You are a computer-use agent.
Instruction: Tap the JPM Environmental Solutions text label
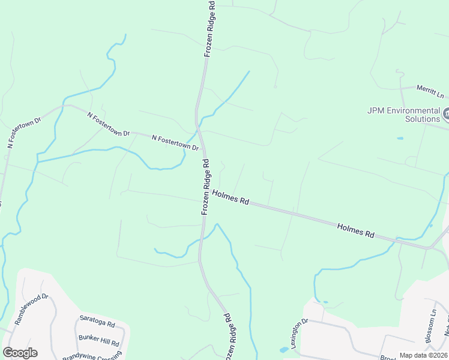[x=404, y=115]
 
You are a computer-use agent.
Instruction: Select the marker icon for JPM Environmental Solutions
[x=446, y=113]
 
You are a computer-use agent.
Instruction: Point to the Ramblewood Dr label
[x=31, y=308]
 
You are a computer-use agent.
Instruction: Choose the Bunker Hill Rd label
[x=98, y=341]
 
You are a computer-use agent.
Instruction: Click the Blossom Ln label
[x=430, y=327]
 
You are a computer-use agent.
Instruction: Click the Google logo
[x=20, y=353]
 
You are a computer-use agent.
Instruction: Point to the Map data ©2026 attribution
[x=424, y=355]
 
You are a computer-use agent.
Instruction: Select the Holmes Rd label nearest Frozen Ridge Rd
[x=230, y=197]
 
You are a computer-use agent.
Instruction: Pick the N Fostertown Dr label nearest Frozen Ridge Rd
[x=175, y=142]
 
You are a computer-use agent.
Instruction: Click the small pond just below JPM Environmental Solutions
[x=400, y=139]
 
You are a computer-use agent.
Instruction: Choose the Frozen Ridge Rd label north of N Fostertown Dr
[x=210, y=29]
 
